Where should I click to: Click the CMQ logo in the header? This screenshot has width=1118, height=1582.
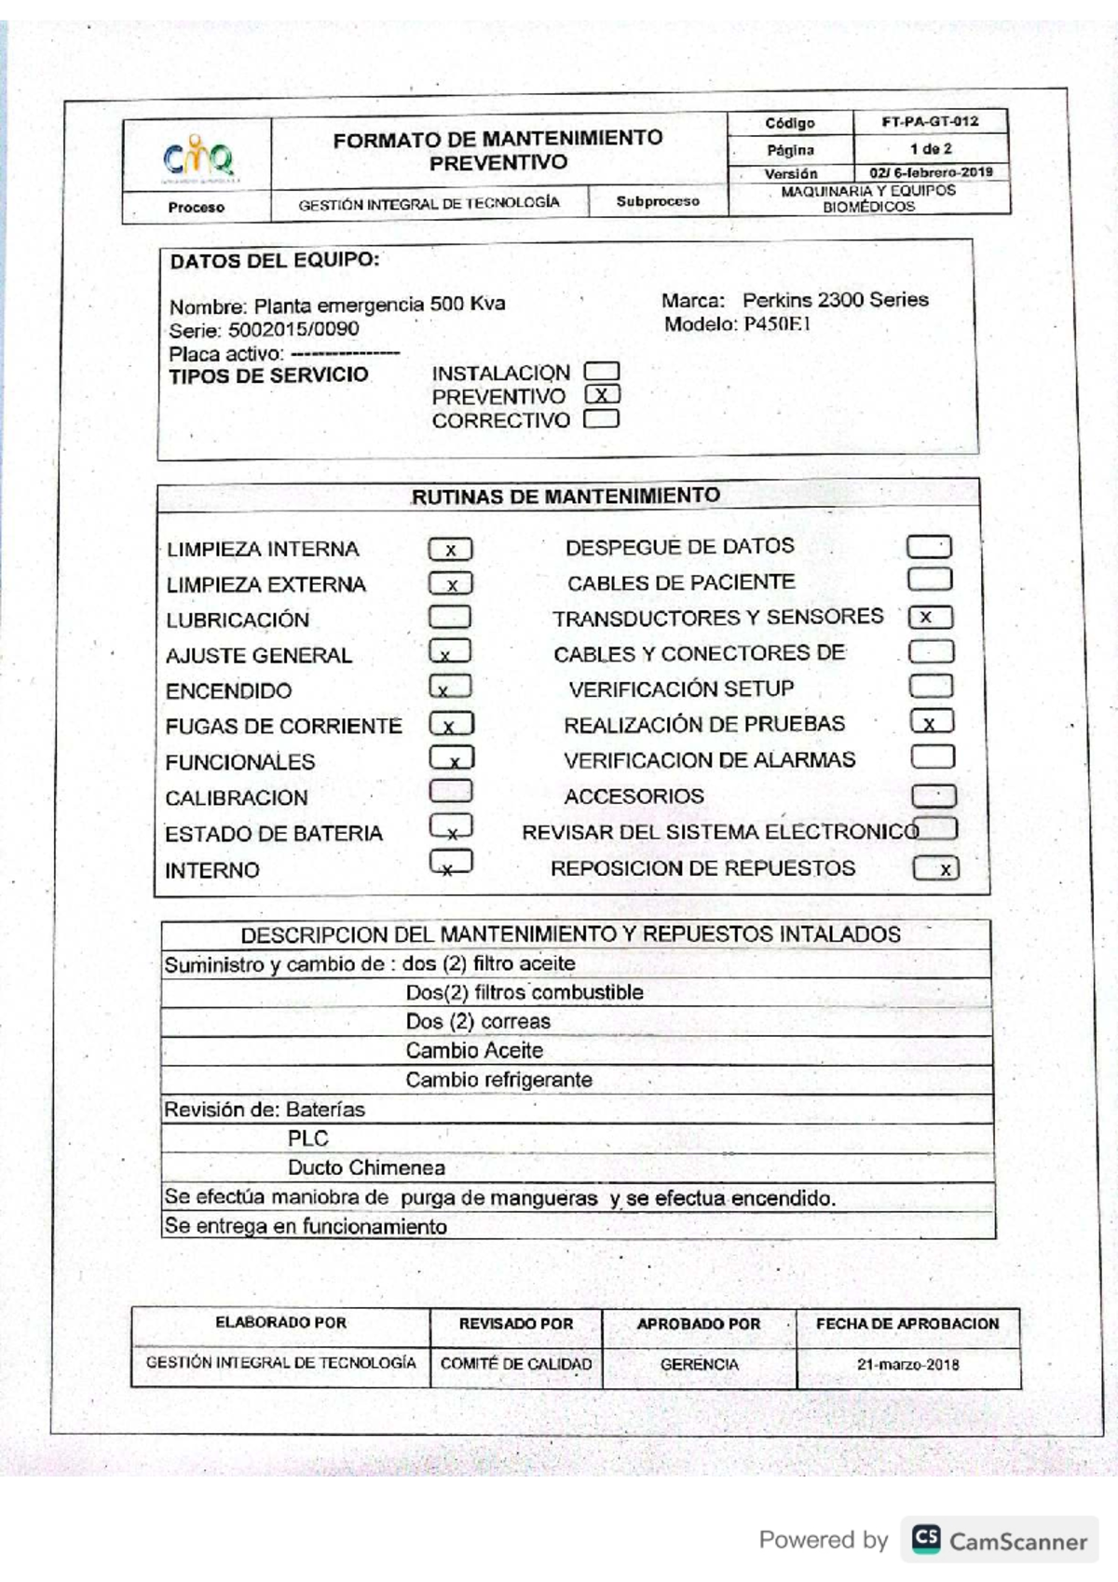point(198,157)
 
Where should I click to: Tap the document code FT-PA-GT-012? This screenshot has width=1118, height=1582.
point(930,121)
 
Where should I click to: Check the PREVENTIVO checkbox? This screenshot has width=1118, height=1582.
point(602,395)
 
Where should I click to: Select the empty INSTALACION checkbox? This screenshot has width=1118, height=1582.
point(602,372)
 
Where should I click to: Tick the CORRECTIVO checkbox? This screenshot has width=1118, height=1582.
point(602,418)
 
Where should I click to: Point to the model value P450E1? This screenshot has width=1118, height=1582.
point(777,324)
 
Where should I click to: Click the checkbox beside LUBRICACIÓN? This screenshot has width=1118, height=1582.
point(450,617)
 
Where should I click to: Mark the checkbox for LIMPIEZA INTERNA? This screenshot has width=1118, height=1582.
point(450,550)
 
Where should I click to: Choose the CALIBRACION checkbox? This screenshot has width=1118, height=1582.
point(451,792)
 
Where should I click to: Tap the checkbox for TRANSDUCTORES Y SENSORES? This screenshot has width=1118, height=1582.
point(930,617)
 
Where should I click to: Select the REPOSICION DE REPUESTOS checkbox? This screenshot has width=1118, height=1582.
point(935,868)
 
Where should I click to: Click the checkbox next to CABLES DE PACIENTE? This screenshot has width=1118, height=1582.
point(930,580)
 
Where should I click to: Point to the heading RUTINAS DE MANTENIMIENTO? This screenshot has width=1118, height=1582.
point(566,497)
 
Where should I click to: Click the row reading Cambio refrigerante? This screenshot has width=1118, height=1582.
point(498,1080)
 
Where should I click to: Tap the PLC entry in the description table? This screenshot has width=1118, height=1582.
point(307,1139)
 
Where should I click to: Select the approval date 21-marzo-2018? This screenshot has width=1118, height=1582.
point(907,1365)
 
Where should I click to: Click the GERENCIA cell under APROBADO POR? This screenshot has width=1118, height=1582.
point(699,1365)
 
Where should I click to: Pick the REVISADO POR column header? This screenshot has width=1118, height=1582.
point(515,1324)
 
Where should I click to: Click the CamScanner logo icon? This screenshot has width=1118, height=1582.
point(926,1538)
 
